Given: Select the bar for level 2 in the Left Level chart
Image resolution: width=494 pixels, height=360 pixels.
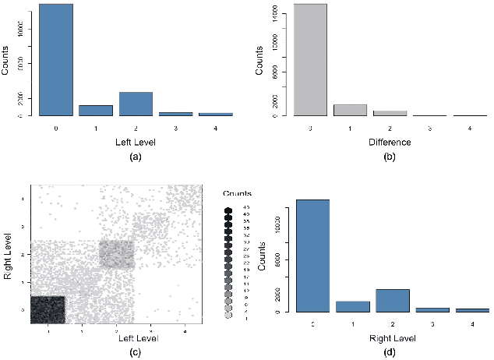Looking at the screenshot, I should click(x=136, y=104).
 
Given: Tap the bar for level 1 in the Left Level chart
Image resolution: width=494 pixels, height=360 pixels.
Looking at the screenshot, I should click(x=96, y=111).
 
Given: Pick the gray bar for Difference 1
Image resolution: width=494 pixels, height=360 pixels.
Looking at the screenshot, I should click(x=350, y=110).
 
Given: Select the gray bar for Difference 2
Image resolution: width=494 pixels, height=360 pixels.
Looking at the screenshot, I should click(x=390, y=113).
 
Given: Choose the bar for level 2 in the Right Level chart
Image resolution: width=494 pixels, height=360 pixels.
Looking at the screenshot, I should click(x=392, y=301).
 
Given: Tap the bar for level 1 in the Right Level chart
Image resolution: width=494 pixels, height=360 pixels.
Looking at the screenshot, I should click(x=352, y=306).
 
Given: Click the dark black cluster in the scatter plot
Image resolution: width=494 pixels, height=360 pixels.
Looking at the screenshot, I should click(x=48, y=308).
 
